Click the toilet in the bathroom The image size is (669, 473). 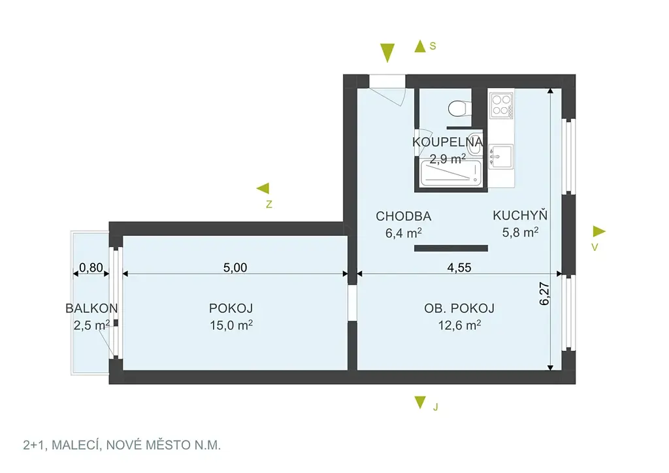(x=459, y=108)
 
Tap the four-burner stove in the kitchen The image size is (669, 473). (x=501, y=105)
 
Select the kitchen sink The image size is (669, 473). (x=501, y=157)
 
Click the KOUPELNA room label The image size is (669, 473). (x=448, y=142)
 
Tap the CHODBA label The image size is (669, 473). (x=403, y=216)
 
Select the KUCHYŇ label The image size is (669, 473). (x=519, y=215)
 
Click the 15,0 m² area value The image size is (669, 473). (x=231, y=325)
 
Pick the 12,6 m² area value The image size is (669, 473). (x=459, y=325)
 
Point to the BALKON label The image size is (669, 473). (x=91, y=308)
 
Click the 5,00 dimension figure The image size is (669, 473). (x=235, y=267)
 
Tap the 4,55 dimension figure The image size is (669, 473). (x=459, y=267)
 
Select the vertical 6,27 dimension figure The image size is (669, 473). (x=544, y=293)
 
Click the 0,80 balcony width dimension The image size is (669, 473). (x=91, y=267)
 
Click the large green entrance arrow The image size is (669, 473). (x=387, y=53)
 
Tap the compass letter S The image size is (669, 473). (x=432, y=46)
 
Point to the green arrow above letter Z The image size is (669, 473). (x=263, y=188)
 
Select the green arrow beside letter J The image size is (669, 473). (x=420, y=402)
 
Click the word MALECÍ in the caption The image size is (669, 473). (x=75, y=446)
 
